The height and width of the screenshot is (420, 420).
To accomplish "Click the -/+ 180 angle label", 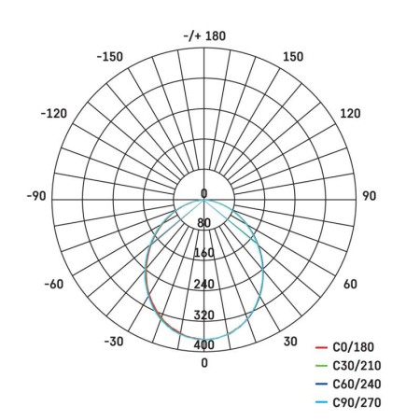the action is (204, 36).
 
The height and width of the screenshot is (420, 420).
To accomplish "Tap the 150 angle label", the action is (293, 57).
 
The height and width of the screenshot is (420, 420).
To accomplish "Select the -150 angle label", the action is (110, 57).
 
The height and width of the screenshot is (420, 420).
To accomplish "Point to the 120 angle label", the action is (350, 114).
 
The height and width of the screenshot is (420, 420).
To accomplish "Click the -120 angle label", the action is (54, 114).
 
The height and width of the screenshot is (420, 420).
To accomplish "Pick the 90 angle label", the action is (369, 196).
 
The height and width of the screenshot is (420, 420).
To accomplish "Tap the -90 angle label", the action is (36, 196).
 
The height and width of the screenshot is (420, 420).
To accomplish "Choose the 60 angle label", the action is (350, 284).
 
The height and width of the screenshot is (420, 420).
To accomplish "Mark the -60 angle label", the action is (54, 284).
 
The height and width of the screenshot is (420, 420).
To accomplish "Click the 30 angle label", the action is (290, 342).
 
